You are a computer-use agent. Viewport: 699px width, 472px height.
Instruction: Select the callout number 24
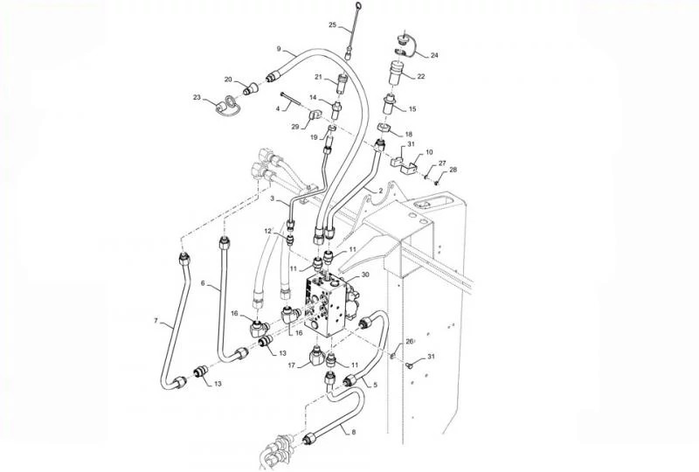point(434,55)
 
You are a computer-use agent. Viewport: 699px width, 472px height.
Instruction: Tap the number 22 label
point(420,77)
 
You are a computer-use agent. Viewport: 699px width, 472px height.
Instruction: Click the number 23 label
point(197,97)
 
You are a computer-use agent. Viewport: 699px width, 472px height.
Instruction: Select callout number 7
point(156,322)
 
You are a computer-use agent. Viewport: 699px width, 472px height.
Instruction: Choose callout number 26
point(408,341)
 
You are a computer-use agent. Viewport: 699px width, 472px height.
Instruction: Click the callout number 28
point(453,170)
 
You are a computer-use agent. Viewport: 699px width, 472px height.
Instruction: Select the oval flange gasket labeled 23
point(225,106)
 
